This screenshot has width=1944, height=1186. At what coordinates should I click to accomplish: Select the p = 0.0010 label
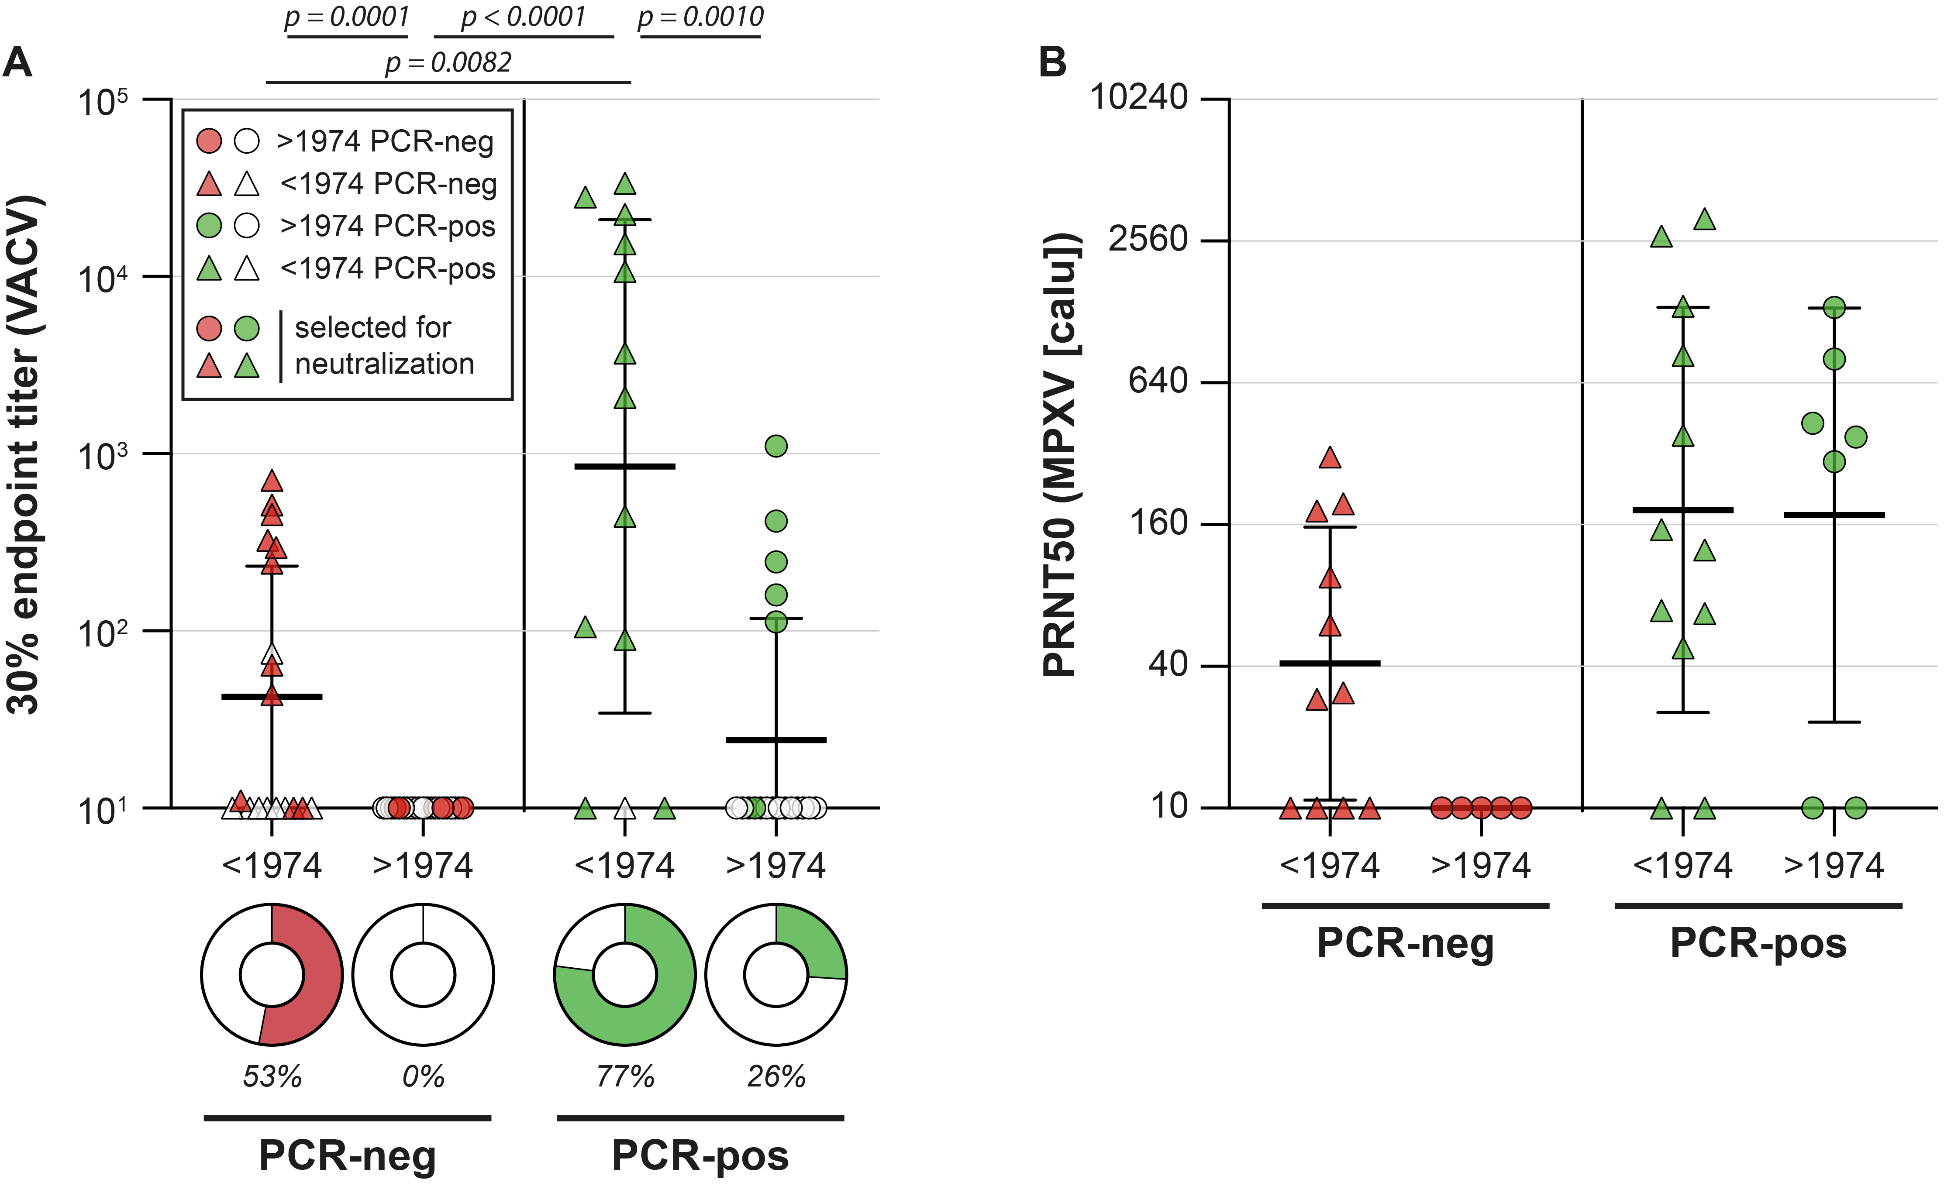[x=700, y=17]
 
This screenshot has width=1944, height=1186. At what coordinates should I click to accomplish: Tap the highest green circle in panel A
[x=776, y=446]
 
